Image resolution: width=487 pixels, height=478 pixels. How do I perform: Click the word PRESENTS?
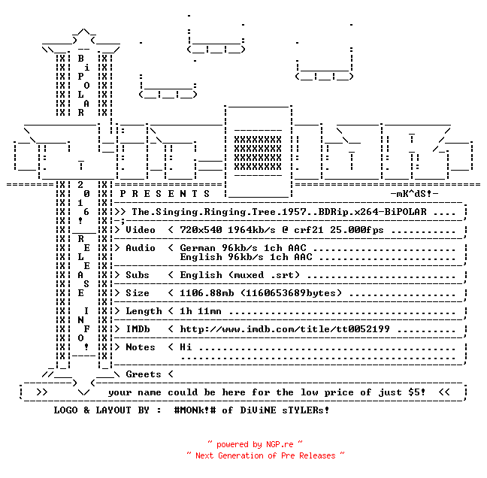(x=165, y=194)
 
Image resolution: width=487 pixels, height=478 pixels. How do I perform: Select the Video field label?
(x=141, y=230)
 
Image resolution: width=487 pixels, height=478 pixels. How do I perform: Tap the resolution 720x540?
(x=201, y=230)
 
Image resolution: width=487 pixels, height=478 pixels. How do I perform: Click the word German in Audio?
(x=197, y=248)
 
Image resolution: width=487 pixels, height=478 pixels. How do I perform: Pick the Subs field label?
(x=138, y=275)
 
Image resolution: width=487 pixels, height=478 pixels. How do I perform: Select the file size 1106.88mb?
(x=207, y=293)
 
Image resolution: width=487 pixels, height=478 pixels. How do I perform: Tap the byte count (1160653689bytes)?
(x=291, y=293)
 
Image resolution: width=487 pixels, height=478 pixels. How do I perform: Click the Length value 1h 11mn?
(x=201, y=311)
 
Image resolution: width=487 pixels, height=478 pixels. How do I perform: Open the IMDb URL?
(x=285, y=329)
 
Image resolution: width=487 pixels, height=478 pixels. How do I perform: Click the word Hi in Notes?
(x=186, y=347)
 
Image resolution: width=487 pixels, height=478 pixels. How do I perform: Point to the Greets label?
(x=144, y=374)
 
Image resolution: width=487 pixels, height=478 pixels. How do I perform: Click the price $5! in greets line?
(x=416, y=392)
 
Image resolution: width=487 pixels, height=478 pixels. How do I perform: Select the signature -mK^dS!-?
(x=414, y=194)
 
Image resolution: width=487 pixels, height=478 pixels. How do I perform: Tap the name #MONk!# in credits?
(x=195, y=410)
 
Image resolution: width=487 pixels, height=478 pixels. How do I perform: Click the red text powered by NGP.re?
(x=255, y=444)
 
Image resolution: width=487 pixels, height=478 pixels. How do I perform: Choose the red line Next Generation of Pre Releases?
(x=265, y=455)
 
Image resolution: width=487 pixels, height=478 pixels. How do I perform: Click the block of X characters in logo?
(x=258, y=153)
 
